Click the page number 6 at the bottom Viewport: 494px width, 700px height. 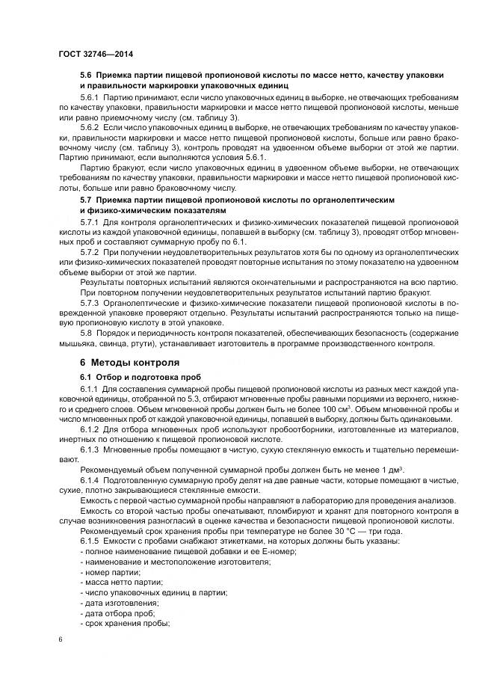pyautogui.click(x=61, y=640)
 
